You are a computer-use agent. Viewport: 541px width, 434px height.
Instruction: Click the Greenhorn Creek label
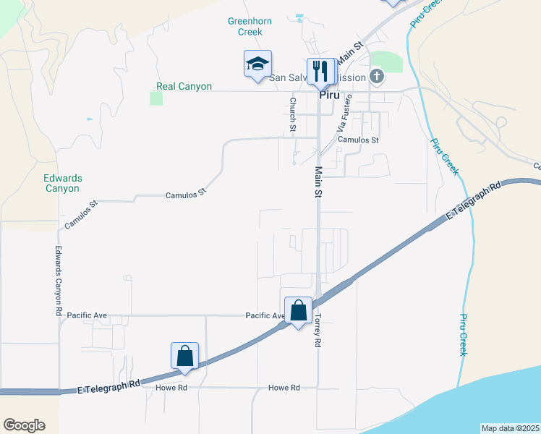point(250,27)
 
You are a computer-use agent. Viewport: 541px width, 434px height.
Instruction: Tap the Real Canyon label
point(184,86)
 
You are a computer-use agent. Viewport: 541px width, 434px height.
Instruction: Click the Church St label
point(293,115)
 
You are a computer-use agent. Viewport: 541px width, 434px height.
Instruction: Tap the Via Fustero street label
point(344,112)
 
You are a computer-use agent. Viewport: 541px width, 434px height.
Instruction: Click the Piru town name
point(330,94)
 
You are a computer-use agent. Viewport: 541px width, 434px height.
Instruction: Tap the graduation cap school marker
point(257,64)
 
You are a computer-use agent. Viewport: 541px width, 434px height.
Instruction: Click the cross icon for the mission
point(376,75)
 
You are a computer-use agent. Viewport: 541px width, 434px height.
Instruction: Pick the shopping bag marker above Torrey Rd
point(298,311)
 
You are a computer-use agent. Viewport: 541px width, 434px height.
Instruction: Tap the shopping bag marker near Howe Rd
point(184,356)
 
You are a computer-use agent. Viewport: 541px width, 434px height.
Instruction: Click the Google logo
point(24,425)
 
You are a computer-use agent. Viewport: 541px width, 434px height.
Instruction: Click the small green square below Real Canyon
point(156,98)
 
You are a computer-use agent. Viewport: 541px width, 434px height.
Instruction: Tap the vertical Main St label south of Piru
point(318,182)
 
